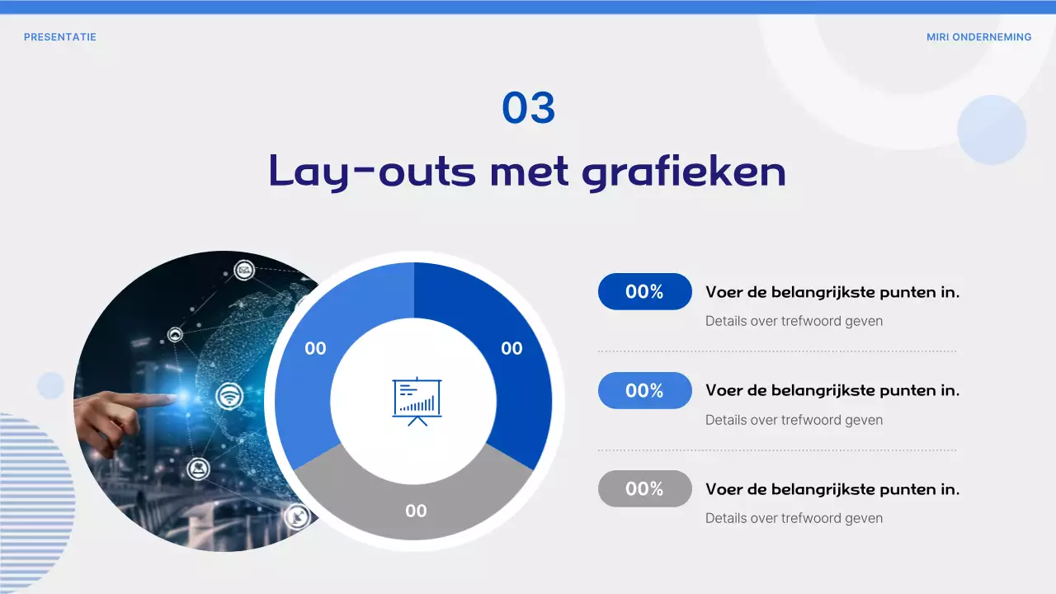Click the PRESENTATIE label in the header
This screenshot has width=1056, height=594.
tap(60, 37)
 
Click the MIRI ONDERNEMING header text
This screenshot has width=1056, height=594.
tap(978, 37)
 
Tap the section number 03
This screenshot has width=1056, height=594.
tap(529, 108)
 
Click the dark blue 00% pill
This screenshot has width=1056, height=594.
tap(644, 291)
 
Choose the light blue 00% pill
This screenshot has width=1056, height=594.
tap(644, 390)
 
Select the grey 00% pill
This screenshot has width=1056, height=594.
tap(644, 488)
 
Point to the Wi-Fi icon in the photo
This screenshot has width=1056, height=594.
tap(229, 397)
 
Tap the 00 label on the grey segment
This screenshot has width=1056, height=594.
tap(416, 511)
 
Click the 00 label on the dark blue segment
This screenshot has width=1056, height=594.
tap(511, 348)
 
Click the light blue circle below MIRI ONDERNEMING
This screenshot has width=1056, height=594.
tap(992, 130)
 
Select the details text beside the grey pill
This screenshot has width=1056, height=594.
tap(794, 518)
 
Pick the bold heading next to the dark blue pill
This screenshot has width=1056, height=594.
tap(832, 291)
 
